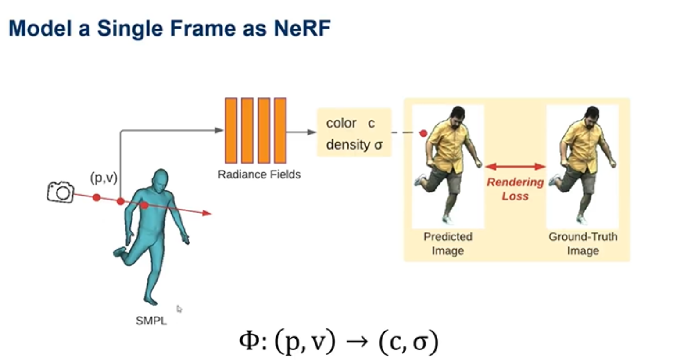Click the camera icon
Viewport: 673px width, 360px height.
[x=61, y=192]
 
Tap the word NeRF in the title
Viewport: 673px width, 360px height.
[x=302, y=28]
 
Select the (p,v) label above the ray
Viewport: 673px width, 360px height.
[x=104, y=178]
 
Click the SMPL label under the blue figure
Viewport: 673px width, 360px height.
[x=151, y=321]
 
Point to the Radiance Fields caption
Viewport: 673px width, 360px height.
[x=259, y=175]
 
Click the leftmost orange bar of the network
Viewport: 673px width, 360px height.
[x=231, y=131]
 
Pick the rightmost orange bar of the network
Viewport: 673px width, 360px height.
[x=280, y=131]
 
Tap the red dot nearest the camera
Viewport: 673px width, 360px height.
[x=97, y=197]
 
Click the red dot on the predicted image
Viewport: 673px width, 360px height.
[x=423, y=133]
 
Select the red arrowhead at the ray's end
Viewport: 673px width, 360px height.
[x=208, y=214]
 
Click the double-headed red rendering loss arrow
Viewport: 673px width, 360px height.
[x=515, y=166]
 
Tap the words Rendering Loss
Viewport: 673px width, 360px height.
[x=515, y=189]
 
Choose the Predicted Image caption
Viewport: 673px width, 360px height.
[x=447, y=243]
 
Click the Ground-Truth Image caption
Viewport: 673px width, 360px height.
[x=583, y=243]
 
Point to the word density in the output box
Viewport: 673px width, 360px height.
[x=348, y=145]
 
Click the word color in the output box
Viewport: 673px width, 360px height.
[x=341, y=123]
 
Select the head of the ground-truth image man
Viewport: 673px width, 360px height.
[x=592, y=117]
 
